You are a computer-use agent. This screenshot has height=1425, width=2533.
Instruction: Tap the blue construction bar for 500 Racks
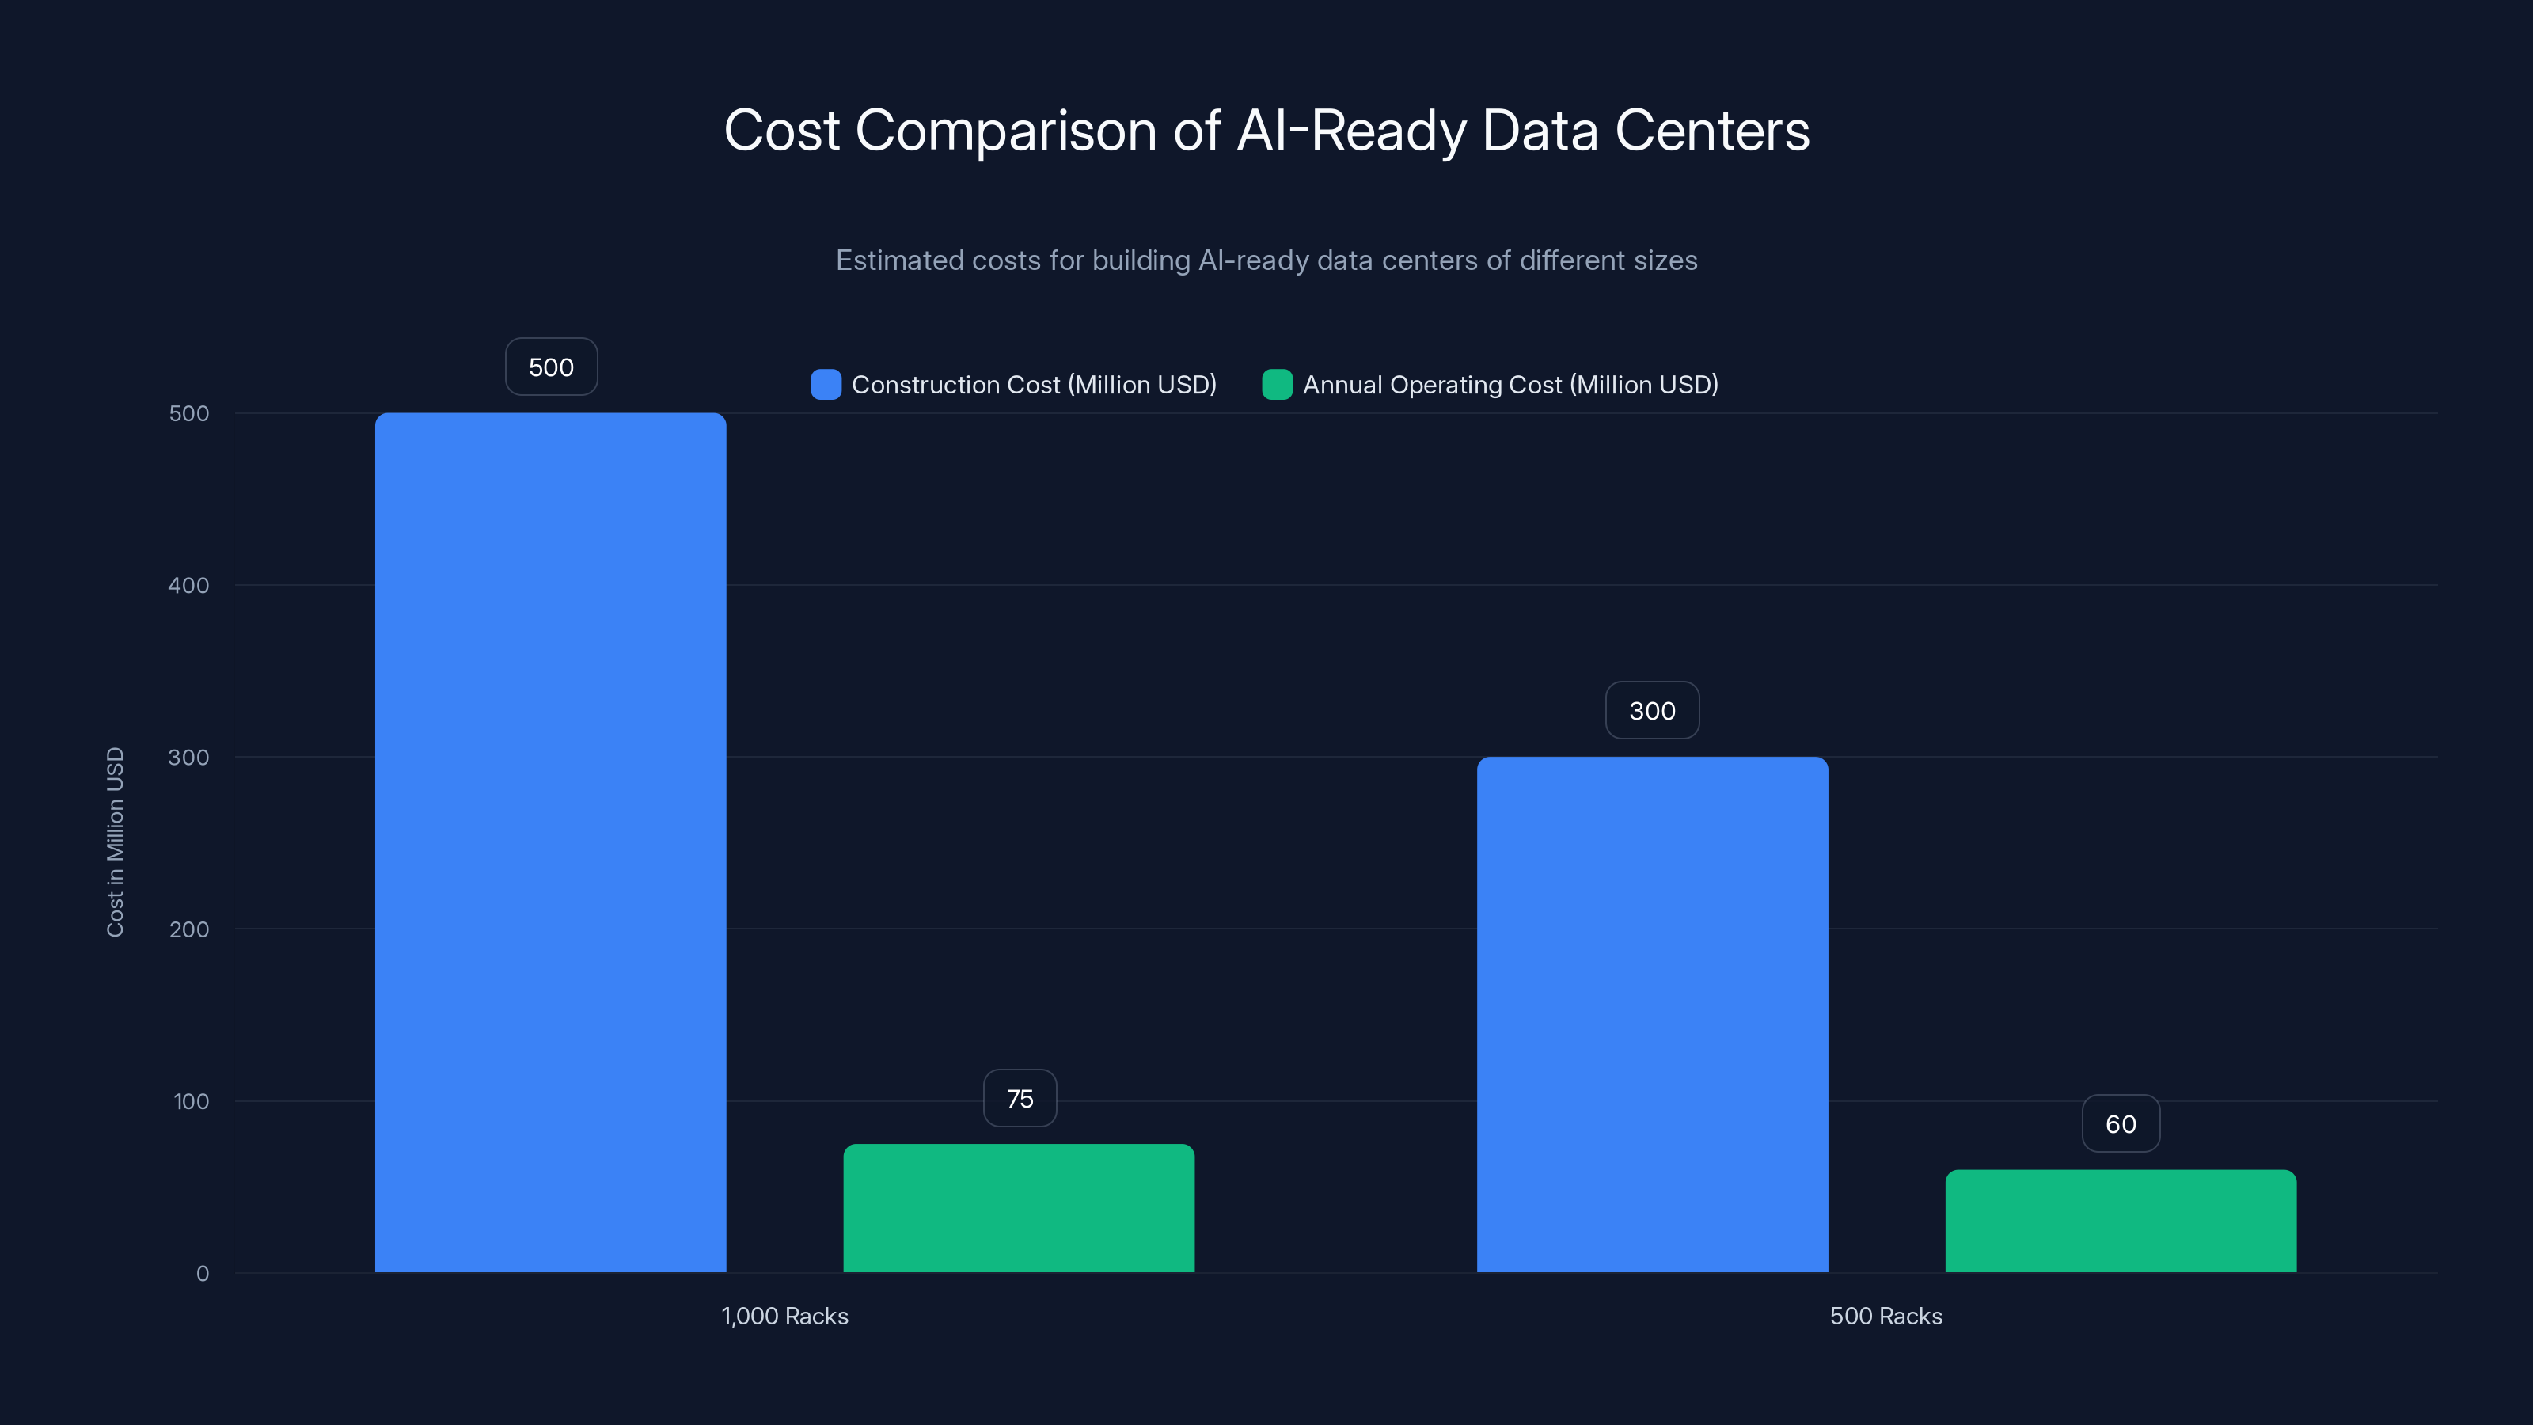click(x=1652, y=1014)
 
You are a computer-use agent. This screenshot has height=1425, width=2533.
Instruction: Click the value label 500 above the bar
click(x=551, y=367)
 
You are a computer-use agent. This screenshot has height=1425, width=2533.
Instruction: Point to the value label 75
click(x=1020, y=1099)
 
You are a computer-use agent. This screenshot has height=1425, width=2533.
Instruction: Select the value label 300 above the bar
click(x=1652, y=710)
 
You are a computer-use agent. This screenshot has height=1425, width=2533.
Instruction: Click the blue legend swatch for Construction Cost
click(x=825, y=385)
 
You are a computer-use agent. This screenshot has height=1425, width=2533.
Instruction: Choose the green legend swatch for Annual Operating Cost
click(x=1276, y=385)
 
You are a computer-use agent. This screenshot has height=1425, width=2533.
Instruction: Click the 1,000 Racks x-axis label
click(x=784, y=1316)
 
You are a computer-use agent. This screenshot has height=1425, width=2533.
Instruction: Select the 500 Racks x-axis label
click(x=1885, y=1316)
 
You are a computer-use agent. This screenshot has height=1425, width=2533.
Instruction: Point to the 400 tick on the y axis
click(x=189, y=585)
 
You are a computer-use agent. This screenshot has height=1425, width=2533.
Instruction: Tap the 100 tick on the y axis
click(x=191, y=1101)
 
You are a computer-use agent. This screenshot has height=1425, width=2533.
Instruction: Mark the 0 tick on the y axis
click(x=203, y=1274)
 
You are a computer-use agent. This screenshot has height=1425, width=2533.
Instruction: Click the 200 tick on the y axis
click(x=189, y=929)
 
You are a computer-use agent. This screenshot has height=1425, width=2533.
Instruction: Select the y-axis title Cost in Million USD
click(x=115, y=842)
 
